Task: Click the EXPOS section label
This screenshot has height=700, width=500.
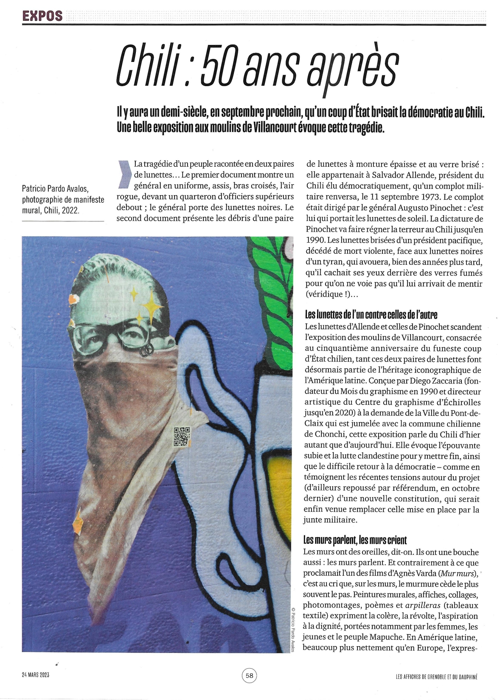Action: [42, 16]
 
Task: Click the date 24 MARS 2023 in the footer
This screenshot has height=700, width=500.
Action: [36, 675]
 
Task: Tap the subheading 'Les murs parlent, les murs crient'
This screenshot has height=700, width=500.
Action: [355, 540]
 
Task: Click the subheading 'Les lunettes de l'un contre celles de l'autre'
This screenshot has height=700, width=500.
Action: [371, 315]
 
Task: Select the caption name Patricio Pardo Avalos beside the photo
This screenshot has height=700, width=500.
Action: [55, 189]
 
